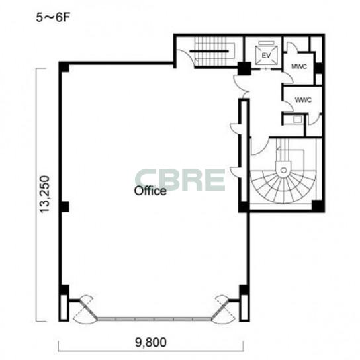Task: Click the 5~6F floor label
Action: pyautogui.click(x=53, y=18)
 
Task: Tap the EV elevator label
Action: pyautogui.click(x=266, y=56)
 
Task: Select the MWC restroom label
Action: pyautogui.click(x=299, y=66)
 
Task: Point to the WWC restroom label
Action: pyautogui.click(x=303, y=100)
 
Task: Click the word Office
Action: pyautogui.click(x=150, y=191)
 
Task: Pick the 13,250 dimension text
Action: pyautogui.click(x=44, y=195)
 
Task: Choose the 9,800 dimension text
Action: pyautogui.click(x=151, y=343)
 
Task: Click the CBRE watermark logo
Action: pyautogui.click(x=180, y=180)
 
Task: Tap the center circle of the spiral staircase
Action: pyautogui.click(x=283, y=170)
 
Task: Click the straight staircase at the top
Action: pyautogui.click(x=212, y=52)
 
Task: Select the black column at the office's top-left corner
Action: pyautogui.click(x=64, y=67)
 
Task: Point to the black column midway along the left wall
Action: pyautogui.click(x=64, y=206)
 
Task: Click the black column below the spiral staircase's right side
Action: pyautogui.click(x=318, y=206)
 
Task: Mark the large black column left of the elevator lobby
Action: pyautogui.click(x=244, y=69)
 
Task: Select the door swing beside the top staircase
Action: pyautogui.click(x=185, y=58)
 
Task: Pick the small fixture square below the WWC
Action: pyautogui.click(x=298, y=119)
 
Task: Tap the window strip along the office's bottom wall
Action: pyautogui.click(x=154, y=319)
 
